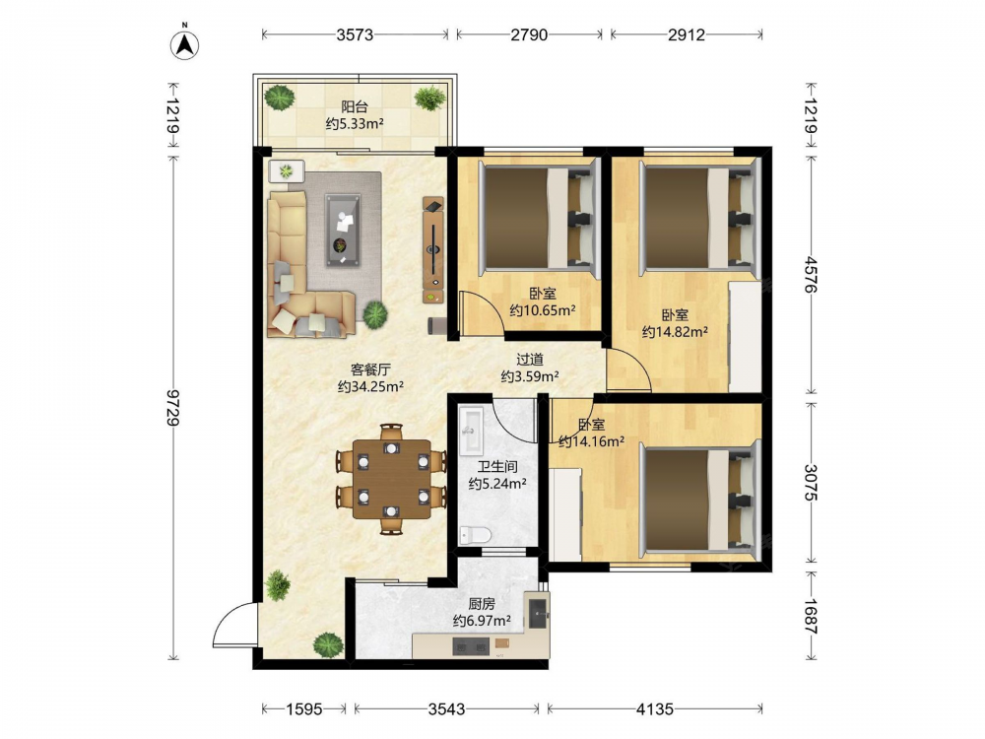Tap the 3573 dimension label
(x=355, y=34)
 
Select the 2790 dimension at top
(x=529, y=34)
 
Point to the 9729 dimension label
(x=173, y=407)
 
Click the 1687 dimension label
(x=811, y=617)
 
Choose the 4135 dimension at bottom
(x=655, y=709)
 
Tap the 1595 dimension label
(x=304, y=709)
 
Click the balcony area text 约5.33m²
(x=355, y=124)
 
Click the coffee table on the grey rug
(x=343, y=230)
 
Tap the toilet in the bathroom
(x=475, y=535)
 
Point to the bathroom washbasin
(x=471, y=431)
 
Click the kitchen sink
(x=539, y=613)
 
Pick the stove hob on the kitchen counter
(x=471, y=646)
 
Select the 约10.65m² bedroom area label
(x=543, y=309)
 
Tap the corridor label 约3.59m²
(x=530, y=376)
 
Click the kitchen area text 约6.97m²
(x=482, y=621)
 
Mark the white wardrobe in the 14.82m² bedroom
(x=745, y=338)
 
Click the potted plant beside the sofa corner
(x=374, y=313)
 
